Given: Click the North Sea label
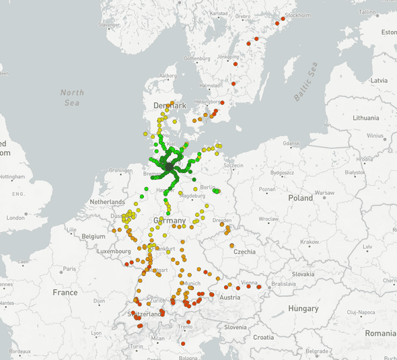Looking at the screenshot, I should point(72,97).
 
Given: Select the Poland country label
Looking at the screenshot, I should point(301,198).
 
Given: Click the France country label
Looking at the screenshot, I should point(65,293).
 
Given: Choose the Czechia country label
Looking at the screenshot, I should point(245,251).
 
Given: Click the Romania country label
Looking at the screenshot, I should point(380,333).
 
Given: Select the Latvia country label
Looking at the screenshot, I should point(379,80).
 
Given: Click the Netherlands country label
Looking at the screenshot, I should point(108,202).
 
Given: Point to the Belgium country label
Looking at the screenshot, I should point(94,237).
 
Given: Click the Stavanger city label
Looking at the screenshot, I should point(108,25).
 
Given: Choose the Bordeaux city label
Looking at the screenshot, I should point(20,352).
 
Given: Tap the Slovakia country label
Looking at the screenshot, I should point(303,274).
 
